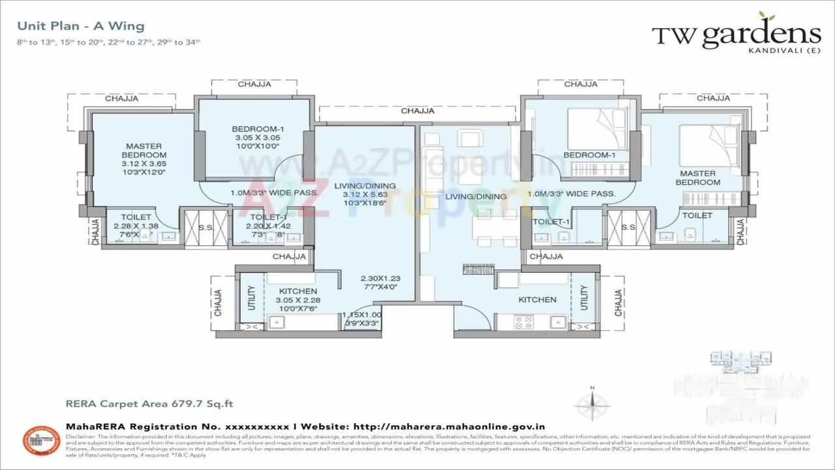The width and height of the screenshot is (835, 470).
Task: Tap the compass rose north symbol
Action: point(592,404)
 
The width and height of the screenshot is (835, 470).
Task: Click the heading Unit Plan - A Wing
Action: point(81,26)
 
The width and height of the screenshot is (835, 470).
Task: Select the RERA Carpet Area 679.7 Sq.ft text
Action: point(149,404)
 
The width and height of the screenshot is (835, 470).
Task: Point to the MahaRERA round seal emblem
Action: point(42,441)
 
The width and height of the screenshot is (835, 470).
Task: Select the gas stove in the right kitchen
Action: point(524,321)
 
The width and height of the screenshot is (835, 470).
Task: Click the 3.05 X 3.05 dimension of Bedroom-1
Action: point(258,138)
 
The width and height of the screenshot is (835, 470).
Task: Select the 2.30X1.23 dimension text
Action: point(379,277)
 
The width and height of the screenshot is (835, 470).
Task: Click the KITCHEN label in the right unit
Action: point(537,300)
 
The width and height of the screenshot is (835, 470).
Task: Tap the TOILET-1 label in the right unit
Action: point(548,222)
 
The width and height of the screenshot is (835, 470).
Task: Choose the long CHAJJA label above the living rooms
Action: point(417,111)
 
